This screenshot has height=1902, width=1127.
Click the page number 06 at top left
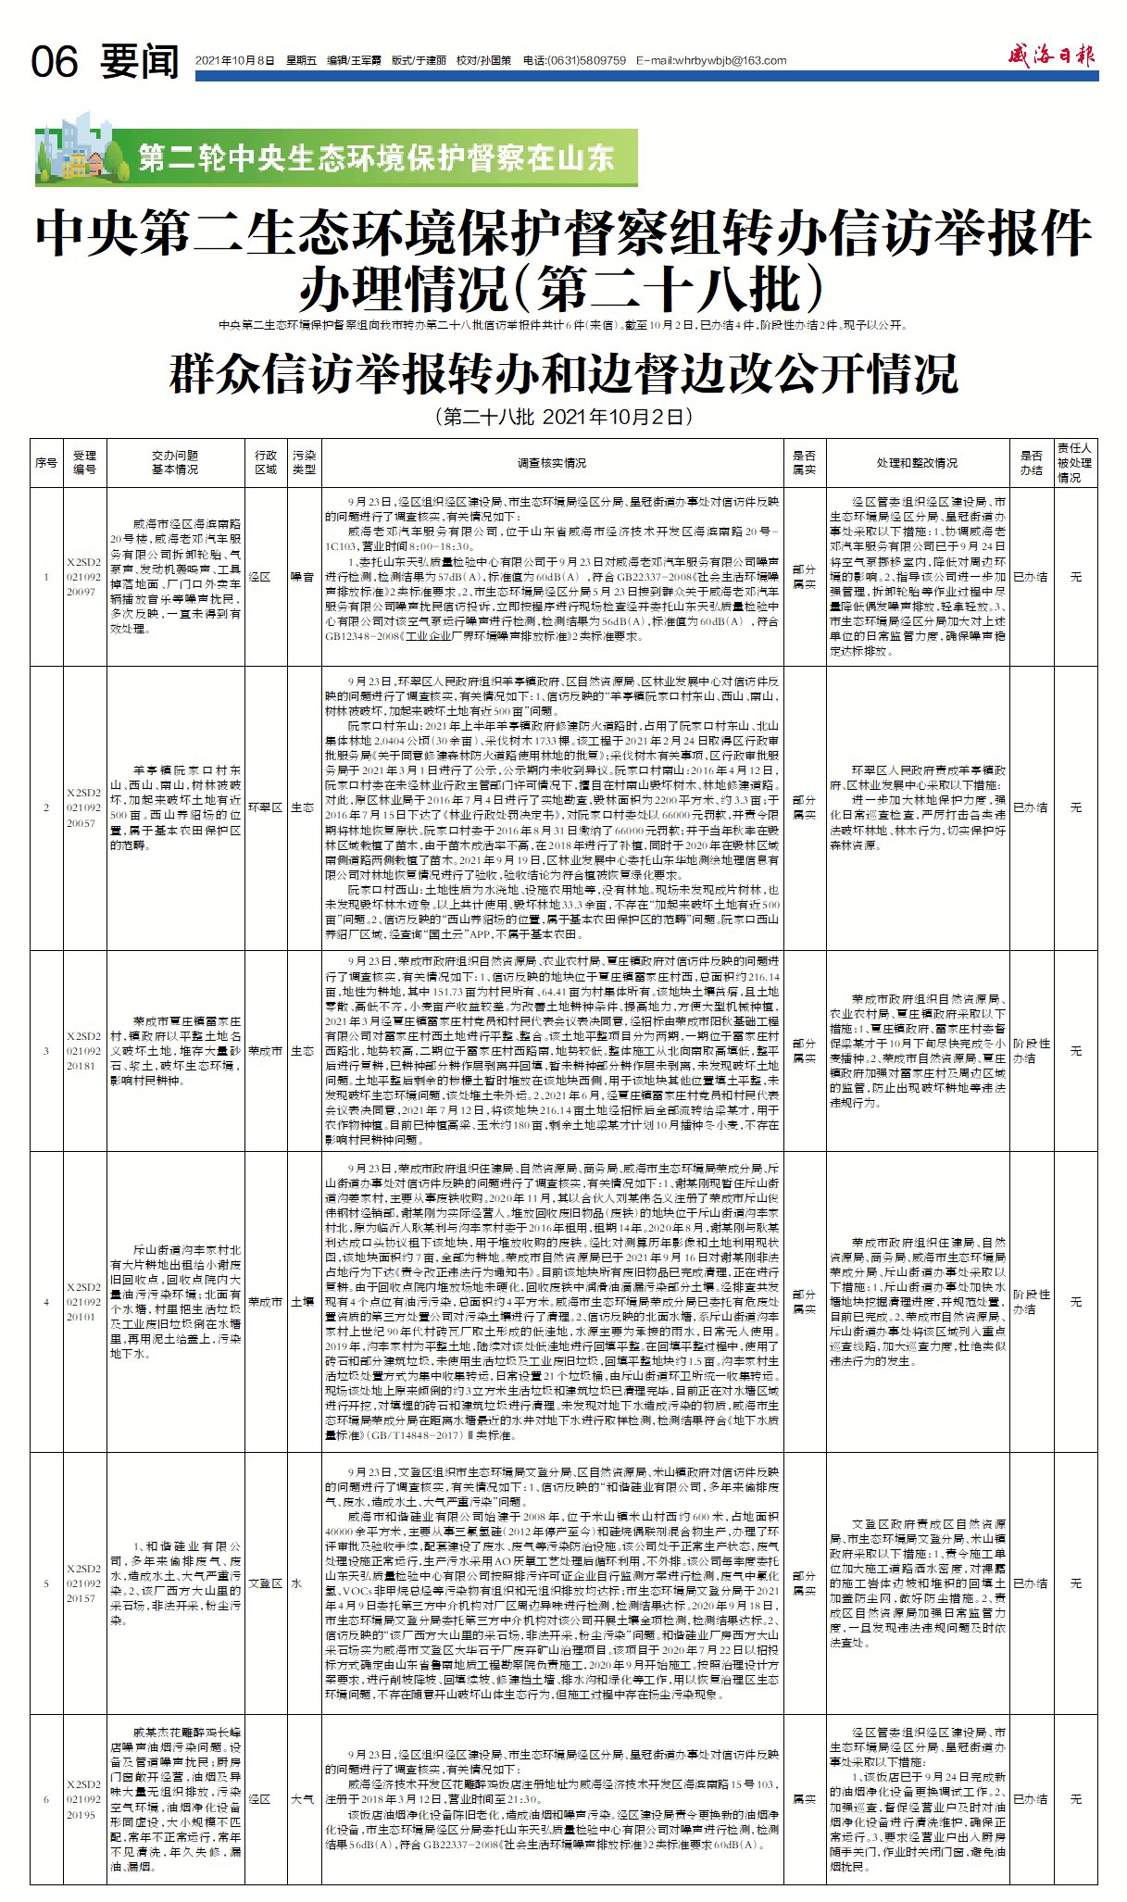55,62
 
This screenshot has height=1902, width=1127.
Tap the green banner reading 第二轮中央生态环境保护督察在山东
376,157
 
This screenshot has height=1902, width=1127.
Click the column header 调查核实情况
552,463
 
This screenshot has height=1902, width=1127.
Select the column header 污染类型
304,462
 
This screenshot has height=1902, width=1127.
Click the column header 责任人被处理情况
1075,462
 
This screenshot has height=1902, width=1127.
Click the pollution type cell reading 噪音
303,577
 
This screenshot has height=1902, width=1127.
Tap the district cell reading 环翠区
265,807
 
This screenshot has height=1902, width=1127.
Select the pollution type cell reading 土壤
303,1302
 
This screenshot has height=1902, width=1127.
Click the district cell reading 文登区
265,1583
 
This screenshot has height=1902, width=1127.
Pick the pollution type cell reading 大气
303,1799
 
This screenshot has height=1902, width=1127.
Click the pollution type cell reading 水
298,1583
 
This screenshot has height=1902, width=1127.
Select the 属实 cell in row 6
804,1799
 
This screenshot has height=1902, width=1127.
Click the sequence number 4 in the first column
46,1302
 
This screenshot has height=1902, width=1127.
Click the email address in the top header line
712,61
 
